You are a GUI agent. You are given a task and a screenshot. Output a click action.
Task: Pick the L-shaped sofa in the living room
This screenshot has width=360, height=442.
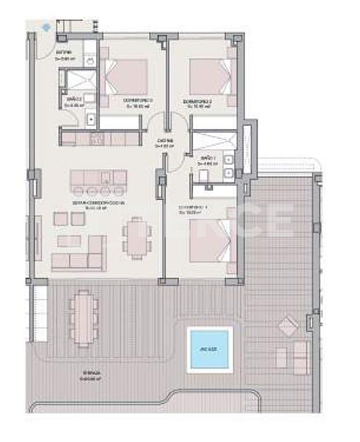79,252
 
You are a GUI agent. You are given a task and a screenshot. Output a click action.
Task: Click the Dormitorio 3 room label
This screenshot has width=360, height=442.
139,103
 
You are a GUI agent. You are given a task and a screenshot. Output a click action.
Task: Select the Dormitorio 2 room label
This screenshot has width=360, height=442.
197,103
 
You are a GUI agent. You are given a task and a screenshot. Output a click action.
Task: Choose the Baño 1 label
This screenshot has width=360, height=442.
208,158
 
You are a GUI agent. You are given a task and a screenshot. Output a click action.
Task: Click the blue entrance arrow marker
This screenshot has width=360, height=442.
46,27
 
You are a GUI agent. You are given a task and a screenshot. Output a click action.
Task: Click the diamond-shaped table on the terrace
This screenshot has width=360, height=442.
288,326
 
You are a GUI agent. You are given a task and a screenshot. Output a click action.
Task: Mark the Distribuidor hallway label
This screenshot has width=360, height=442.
166,142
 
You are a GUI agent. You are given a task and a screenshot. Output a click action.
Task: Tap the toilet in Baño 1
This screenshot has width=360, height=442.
202,175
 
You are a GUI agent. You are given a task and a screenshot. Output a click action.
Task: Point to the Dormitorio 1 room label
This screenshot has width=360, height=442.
193,208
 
